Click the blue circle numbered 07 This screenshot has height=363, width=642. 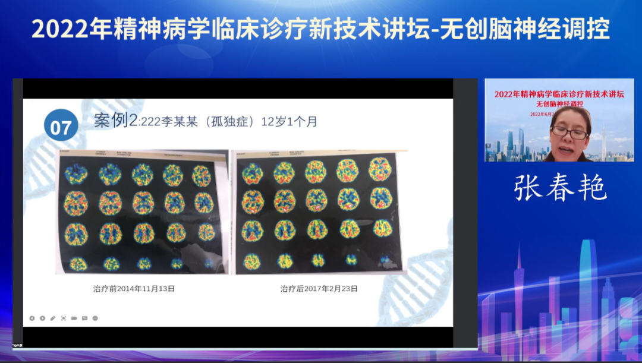coord(61,126)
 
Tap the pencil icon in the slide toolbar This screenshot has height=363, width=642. coord(53,318)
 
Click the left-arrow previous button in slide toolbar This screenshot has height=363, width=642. coord(32,318)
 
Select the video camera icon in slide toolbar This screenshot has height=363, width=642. coord(74,318)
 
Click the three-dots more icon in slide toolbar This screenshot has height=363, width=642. coord(95,318)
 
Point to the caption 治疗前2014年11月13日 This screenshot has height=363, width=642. coord(134,289)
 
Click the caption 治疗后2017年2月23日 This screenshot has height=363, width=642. coord(319,289)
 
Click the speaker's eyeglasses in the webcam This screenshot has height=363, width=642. coord(569,132)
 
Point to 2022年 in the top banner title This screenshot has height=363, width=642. coord(60,28)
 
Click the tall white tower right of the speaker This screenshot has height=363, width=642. coord(603,143)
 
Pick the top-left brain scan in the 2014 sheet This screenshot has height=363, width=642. coord(76,175)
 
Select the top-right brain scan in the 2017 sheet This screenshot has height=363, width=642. coord(379,170)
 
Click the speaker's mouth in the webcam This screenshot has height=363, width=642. coord(569,148)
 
